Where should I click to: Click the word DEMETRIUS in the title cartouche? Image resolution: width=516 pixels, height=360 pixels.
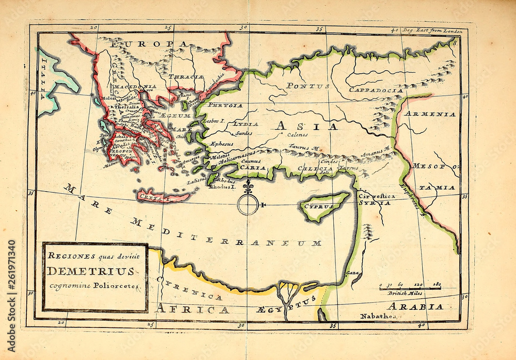tap(91, 271)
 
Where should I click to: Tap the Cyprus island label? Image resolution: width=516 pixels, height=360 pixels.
tap(318, 206)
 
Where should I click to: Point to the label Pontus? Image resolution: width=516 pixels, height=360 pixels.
tap(308, 86)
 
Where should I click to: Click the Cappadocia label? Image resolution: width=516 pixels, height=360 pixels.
tap(376, 90)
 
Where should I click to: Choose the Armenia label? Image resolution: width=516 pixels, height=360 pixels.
tap(429, 114)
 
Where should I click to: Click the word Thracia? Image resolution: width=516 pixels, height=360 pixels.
tap(188, 76)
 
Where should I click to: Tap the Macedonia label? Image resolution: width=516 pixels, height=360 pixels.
tap(135, 87)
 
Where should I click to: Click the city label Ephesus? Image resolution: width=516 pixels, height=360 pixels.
tap(222, 144)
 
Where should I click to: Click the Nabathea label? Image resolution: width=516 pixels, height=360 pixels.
tap(378, 316)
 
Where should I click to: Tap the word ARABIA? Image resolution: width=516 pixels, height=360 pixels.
tap(415, 306)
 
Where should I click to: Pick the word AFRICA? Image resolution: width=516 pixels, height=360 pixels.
tap(192, 309)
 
